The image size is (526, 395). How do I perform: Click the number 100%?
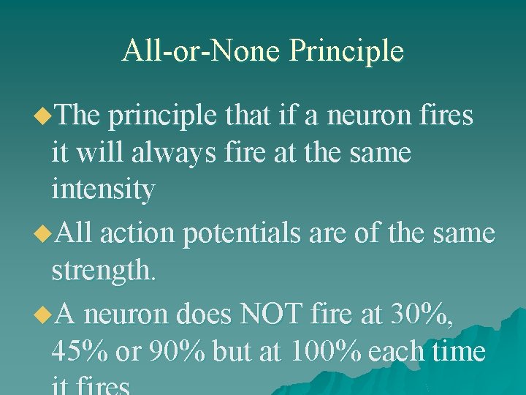point(325,352)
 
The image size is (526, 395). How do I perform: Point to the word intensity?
point(103,191)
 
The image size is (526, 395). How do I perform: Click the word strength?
point(103,271)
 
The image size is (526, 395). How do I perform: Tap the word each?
point(397,352)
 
